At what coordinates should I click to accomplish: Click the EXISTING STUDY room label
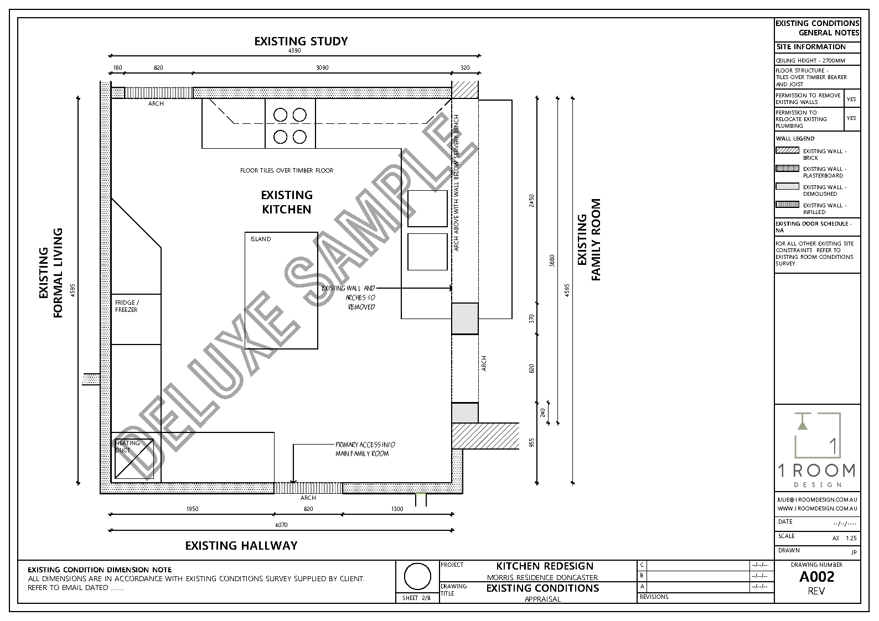(301, 41)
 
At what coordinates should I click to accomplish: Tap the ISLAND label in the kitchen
(261, 239)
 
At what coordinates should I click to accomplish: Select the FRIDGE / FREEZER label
(127, 306)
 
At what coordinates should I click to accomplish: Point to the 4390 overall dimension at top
(294, 51)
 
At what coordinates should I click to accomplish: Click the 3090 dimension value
(322, 68)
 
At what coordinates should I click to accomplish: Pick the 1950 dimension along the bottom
(192, 509)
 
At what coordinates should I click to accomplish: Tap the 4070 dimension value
(281, 525)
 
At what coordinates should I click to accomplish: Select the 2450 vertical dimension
(531, 201)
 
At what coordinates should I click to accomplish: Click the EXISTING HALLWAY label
(241, 546)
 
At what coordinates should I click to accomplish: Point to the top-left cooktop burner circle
(281, 115)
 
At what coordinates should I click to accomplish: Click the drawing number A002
(816, 577)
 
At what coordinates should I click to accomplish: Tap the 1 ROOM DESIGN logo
(817, 450)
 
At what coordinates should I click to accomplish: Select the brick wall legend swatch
(787, 150)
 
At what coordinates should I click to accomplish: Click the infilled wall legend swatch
(787, 205)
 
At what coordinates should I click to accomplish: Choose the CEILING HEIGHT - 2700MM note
(810, 61)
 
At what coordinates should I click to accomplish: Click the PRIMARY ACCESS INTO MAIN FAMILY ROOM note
(365, 449)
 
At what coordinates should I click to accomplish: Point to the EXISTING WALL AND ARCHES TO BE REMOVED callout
(349, 298)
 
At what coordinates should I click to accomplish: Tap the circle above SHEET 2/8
(417, 577)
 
